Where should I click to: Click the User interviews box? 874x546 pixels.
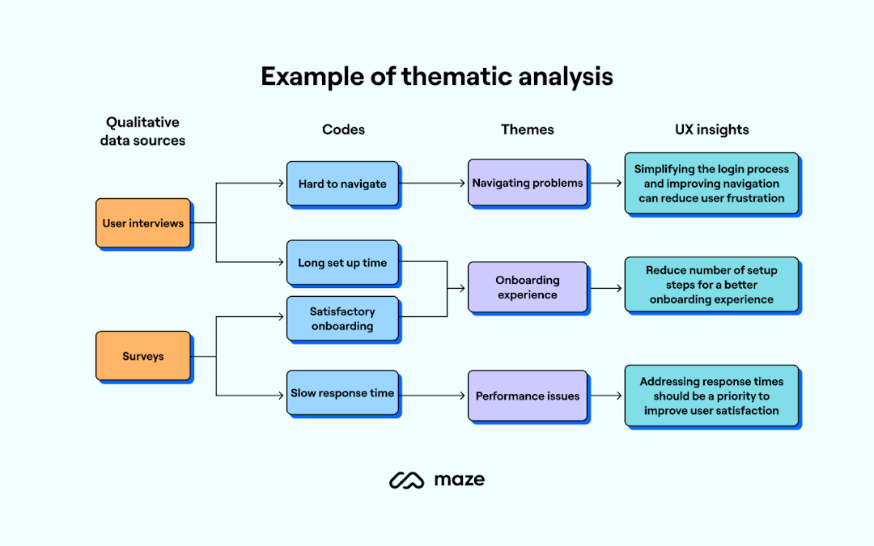click(x=143, y=223)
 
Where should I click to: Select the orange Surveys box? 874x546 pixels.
click(x=143, y=356)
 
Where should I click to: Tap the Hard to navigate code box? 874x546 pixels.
click(x=342, y=184)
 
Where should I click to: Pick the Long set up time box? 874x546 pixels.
click(x=342, y=263)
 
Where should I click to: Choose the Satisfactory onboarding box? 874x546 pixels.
click(x=342, y=319)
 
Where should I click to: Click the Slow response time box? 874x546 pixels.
click(x=342, y=394)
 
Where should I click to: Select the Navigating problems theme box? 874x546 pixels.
click(x=528, y=184)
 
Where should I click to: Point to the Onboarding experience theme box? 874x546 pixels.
click(x=528, y=288)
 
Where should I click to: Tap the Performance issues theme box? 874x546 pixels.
click(x=528, y=396)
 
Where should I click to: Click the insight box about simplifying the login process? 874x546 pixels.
click(x=711, y=184)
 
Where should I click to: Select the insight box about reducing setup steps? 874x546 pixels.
click(x=711, y=285)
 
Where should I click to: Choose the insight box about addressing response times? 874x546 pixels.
click(x=711, y=396)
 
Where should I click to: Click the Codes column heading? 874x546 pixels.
click(x=343, y=129)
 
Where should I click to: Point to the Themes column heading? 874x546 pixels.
click(x=528, y=129)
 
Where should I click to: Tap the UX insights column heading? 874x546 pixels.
click(x=712, y=129)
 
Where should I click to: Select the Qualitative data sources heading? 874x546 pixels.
click(x=142, y=131)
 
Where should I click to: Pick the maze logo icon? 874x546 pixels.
click(x=406, y=480)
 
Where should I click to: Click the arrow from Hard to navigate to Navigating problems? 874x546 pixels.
click(x=433, y=184)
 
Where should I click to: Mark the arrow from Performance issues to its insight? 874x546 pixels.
click(x=606, y=396)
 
